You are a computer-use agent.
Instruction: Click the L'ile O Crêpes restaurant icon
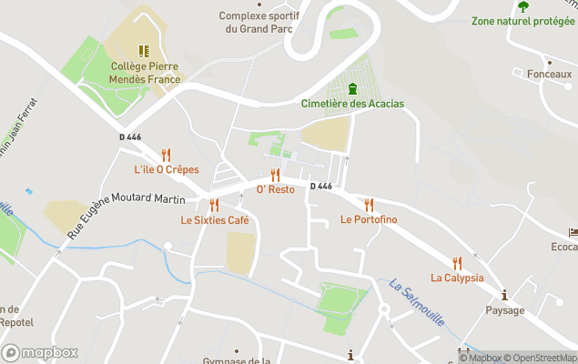coord(166,155)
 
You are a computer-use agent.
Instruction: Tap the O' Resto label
coord(275,189)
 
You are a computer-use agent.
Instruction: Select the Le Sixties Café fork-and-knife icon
coord(214,205)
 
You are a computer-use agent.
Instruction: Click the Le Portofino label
coord(369,219)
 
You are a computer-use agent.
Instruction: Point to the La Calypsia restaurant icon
coord(457,263)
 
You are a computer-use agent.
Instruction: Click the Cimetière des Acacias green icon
coord(352,88)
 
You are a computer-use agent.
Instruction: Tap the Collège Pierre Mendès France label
coord(146,73)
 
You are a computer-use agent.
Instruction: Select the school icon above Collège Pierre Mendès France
coord(143,51)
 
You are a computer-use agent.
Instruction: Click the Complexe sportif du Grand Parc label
coord(260,22)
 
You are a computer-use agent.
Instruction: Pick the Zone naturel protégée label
coord(523,21)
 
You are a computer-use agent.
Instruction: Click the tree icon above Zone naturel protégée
coord(523,5)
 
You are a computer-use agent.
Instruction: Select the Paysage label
coord(504,310)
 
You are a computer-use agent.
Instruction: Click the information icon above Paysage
coord(504,295)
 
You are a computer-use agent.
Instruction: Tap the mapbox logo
coord(40,352)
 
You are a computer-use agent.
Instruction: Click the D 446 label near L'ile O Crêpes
coord(131,137)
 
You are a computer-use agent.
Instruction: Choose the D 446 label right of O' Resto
coord(320,187)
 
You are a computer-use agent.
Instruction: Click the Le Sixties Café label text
coord(215,220)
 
